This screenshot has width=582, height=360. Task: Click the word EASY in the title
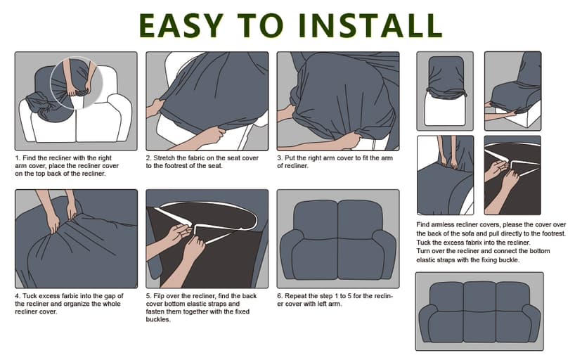click(181, 25)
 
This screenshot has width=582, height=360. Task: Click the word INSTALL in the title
click(370, 25)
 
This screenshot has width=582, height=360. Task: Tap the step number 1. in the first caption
click(18, 158)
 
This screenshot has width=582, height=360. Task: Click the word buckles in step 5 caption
click(157, 319)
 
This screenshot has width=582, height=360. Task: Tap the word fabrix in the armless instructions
click(473, 243)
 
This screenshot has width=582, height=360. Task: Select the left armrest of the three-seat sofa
click(425, 322)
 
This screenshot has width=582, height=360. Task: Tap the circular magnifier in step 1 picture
click(76, 83)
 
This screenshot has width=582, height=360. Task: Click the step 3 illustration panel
click(338, 101)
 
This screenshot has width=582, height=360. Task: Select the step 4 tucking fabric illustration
click(76, 238)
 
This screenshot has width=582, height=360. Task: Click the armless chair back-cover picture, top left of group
click(445, 91)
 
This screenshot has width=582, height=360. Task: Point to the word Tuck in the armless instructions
click(422, 243)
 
